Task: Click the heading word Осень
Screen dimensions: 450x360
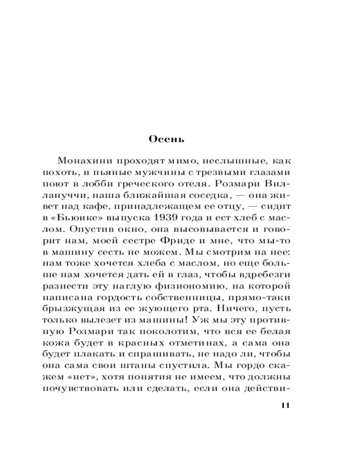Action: [166, 139]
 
